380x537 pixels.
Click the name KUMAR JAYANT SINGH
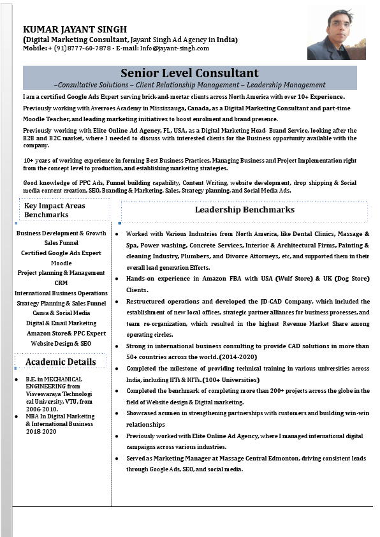75,29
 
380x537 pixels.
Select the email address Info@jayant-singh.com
175,48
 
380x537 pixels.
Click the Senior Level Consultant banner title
189,73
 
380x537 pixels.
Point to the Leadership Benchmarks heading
244,210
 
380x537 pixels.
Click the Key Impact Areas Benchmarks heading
55,210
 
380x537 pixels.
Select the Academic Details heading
61,362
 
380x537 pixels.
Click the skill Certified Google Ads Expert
61,253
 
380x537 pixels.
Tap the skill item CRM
61,283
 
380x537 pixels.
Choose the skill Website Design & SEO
61,343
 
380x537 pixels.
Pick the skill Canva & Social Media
61,313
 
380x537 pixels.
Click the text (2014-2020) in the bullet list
238,357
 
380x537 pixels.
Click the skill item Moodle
61,263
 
